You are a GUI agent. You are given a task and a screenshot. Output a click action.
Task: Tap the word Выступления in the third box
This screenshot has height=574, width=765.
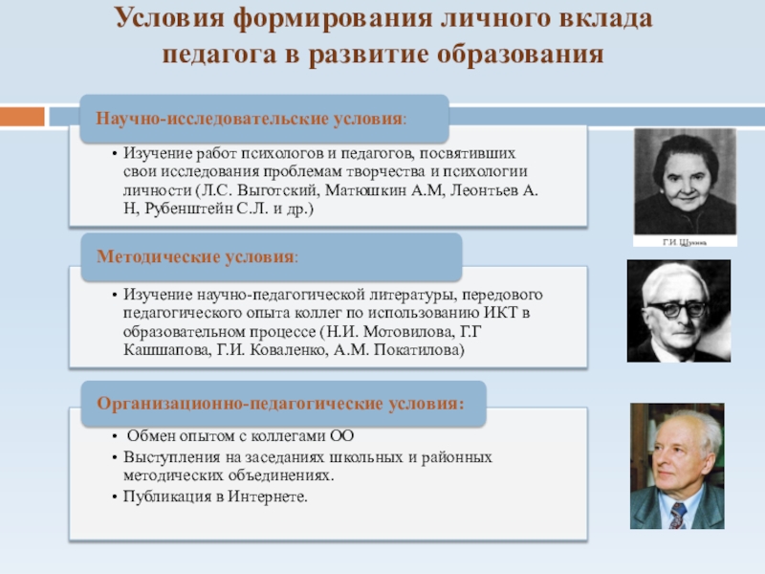(167, 457)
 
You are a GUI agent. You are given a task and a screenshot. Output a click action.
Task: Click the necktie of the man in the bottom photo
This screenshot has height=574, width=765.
(677, 516)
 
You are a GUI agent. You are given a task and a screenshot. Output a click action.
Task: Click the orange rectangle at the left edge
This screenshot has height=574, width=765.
(22, 117)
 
